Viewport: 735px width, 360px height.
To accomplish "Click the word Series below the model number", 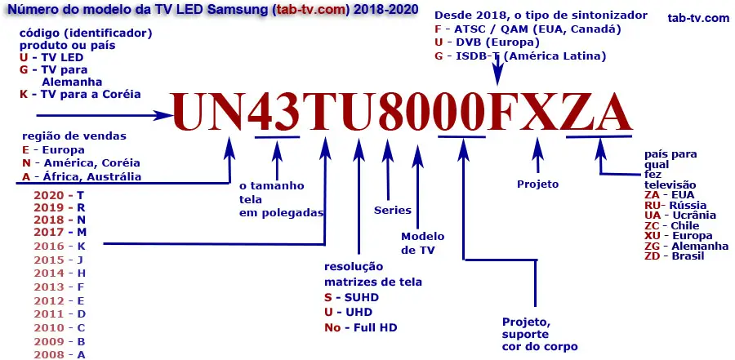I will [393, 210].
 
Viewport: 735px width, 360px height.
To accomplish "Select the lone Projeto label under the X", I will [538, 184].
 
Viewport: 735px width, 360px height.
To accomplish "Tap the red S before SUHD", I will [327, 297].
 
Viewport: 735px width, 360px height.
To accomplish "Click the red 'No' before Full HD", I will [332, 327].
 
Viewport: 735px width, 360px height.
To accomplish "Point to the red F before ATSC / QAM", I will [439, 29].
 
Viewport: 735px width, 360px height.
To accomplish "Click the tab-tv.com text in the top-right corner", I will [697, 18].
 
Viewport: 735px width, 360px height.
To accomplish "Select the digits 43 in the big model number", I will [275, 111].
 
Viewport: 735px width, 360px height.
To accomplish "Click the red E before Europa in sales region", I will [26, 150].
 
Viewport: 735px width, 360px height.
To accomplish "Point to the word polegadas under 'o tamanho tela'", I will [281, 212].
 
